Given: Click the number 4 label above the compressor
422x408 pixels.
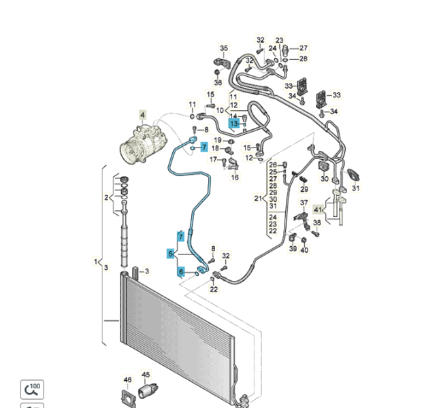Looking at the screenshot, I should [x=143, y=116].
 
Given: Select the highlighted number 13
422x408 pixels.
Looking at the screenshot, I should [x=233, y=124].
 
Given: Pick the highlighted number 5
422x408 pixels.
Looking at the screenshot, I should [x=170, y=254].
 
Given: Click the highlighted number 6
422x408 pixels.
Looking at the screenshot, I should [x=181, y=272].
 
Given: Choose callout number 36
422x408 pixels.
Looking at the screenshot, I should [x=218, y=82].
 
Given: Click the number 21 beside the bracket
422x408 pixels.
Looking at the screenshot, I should [x=258, y=199].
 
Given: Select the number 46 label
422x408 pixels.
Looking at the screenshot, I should [x=127, y=379].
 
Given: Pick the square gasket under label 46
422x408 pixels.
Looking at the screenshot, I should [x=127, y=395].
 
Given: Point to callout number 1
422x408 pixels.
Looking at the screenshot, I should [x=95, y=262].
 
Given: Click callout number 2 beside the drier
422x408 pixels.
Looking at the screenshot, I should [x=106, y=198].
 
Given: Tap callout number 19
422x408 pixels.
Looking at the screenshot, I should [x=210, y=140].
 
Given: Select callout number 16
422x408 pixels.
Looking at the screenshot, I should [x=236, y=177].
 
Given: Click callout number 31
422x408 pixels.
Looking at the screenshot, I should [x=356, y=188].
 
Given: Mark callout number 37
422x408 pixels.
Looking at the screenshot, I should [x=304, y=203].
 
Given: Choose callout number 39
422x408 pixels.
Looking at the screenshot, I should [x=293, y=250].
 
